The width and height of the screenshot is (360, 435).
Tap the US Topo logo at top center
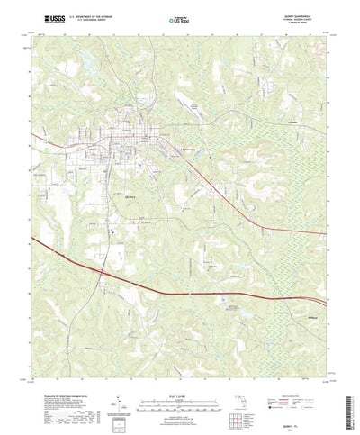[x=180, y=19]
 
